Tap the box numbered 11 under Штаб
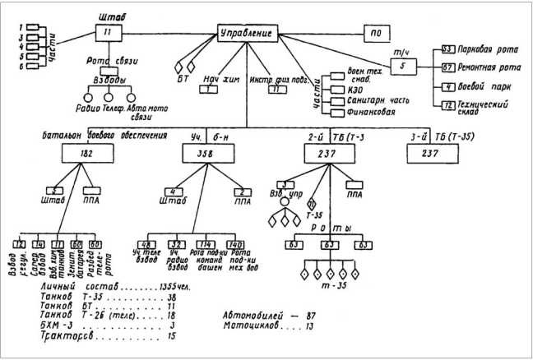point(108,33)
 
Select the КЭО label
point(348,91)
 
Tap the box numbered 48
point(173,244)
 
